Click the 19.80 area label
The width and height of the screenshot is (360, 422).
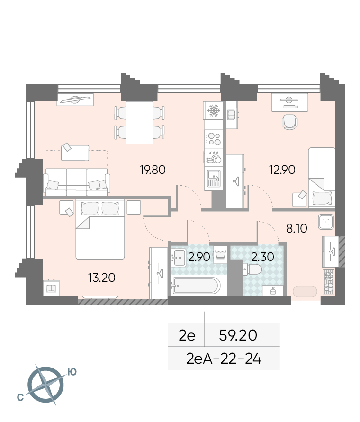[153, 170]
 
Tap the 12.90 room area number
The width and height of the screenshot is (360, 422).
[282, 170]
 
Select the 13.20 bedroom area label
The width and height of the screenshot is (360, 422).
[102, 278]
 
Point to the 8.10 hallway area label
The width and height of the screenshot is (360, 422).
[297, 228]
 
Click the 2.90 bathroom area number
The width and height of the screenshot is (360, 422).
[199, 257]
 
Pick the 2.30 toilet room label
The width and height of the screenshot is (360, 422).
[262, 257]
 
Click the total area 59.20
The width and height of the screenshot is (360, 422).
[238, 335]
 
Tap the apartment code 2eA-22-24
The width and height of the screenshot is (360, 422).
[224, 359]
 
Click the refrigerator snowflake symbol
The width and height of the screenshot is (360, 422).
[214, 110]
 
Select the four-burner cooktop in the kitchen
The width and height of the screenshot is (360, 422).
[214, 138]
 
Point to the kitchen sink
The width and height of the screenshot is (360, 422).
[214, 178]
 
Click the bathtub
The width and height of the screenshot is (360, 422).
[196, 285]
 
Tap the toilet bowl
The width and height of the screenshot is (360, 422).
[252, 269]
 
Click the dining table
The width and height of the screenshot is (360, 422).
[139, 123]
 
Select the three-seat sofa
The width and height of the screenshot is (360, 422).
[77, 182]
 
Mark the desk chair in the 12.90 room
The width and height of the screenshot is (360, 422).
[290, 122]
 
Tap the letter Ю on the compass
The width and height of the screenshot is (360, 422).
[72, 372]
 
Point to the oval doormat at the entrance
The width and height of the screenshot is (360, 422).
[305, 291]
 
